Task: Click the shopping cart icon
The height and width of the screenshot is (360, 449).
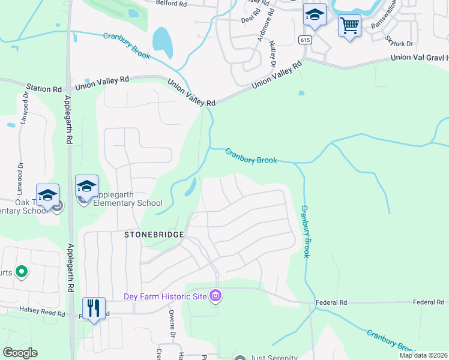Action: click(349, 26)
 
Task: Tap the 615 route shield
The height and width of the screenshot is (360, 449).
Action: click(305, 39)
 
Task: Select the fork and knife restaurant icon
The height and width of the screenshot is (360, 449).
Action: click(94, 308)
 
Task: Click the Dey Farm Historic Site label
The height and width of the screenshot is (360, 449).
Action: click(165, 296)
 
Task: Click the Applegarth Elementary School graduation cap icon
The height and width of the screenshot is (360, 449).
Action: click(86, 187)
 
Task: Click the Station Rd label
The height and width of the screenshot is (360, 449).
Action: click(44, 89)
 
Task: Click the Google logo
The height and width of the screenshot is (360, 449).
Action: click(20, 353)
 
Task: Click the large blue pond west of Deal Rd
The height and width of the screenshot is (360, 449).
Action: click(162, 40)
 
